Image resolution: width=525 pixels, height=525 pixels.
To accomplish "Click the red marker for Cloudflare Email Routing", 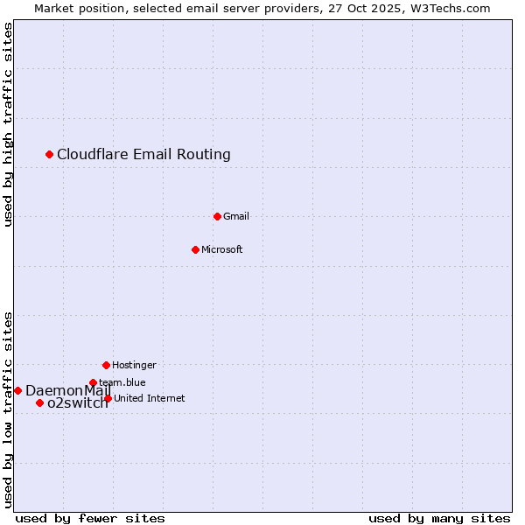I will point(50,155).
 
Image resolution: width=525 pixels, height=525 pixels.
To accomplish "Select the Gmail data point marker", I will point(217,216).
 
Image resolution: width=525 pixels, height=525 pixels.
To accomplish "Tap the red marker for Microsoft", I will point(195,249).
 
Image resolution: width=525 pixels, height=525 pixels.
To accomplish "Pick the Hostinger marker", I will point(106,365).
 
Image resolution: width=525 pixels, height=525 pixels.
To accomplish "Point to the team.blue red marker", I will point(93,382).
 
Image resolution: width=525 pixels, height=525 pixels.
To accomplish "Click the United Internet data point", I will point(108,398).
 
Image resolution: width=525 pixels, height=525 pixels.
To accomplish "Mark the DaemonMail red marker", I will point(17,390).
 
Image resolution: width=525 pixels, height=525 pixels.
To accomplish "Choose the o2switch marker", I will point(39,402).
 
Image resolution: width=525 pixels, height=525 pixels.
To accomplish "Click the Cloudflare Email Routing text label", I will point(143,155).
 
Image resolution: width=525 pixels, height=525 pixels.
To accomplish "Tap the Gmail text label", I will point(236,216).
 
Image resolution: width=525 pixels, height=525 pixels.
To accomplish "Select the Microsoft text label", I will point(222,249).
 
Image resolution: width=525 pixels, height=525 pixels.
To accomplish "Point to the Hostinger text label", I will point(134,365).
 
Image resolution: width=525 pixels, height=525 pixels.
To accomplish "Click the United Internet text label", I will point(150,398).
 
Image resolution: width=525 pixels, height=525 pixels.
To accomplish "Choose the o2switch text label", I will point(77,403).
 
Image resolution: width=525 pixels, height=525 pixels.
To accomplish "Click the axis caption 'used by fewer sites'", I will point(90,518).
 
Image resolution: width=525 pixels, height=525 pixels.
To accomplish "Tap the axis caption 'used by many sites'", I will point(439,518).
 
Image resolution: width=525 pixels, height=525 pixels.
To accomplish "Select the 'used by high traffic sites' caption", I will point(8,124).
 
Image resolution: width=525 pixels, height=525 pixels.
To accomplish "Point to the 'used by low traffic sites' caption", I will point(8,409).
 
